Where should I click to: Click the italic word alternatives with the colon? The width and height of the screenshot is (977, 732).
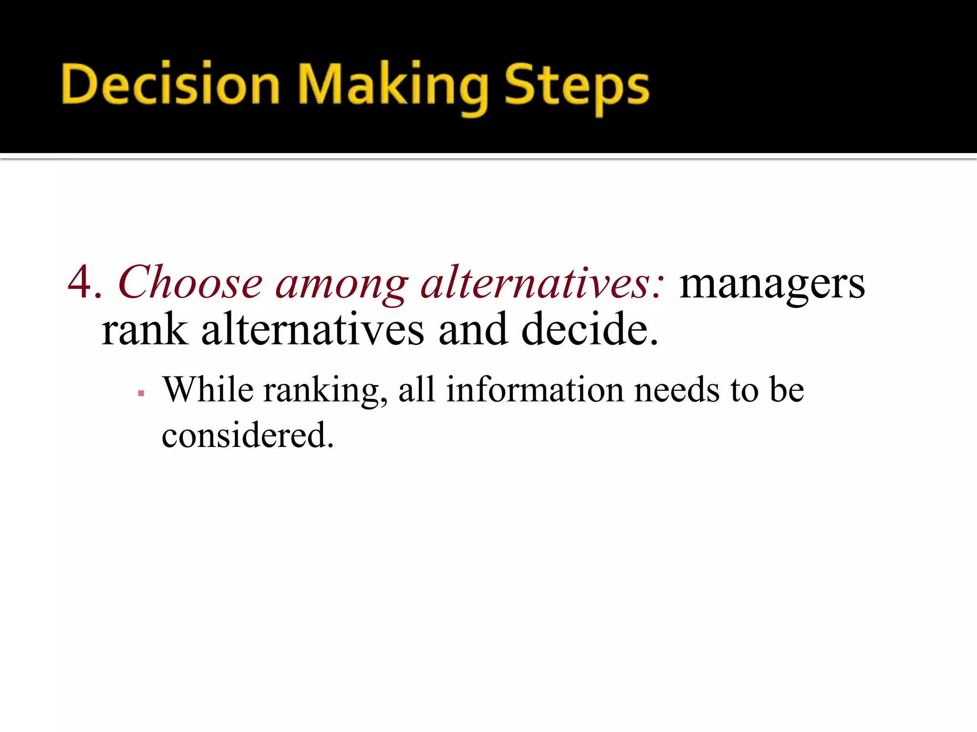point(542,283)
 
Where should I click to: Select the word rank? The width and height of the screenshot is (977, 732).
point(145,330)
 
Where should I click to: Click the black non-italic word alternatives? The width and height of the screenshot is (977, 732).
point(312,330)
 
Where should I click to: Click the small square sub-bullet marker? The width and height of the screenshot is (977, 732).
point(141,394)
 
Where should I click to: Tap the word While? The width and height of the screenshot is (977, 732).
point(208,390)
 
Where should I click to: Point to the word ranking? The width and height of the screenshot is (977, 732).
point(325,392)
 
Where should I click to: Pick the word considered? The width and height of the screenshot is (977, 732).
point(247,435)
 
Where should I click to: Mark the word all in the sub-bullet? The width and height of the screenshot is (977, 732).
point(416,390)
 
